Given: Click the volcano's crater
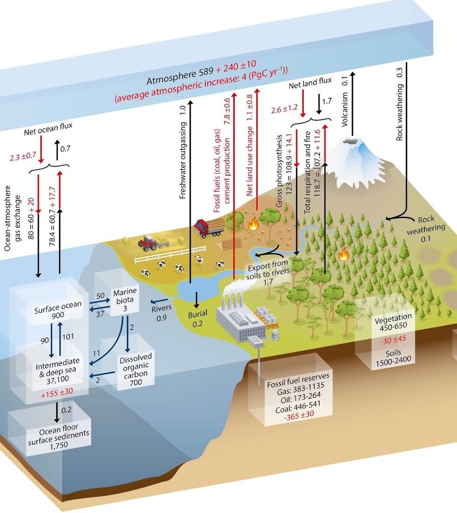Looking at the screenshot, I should coord(351,142).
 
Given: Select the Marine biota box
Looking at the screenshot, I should coord(125,300).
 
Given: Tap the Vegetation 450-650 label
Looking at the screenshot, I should coord(393,320).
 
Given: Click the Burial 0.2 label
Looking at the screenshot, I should coord(198,319).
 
